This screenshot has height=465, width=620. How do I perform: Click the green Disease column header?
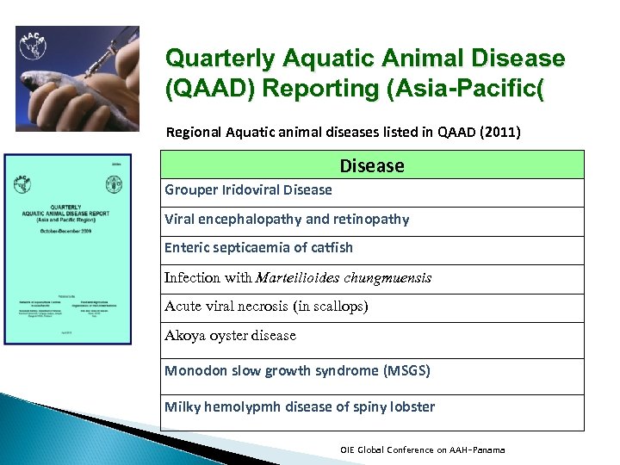pyautogui.click(x=372, y=165)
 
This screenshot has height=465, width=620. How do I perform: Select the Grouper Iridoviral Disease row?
pyautogui.click(x=248, y=189)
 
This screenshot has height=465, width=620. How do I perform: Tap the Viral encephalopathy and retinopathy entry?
pyautogui.click(x=287, y=219)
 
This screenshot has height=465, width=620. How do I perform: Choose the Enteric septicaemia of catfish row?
pyautogui.click(x=258, y=247)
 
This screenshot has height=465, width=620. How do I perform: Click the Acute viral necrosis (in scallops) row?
pyautogui.click(x=266, y=306)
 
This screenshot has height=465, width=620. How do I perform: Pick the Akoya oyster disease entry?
pyautogui.click(x=230, y=335)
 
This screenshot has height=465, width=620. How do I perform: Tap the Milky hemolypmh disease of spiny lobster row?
pyautogui.click(x=300, y=406)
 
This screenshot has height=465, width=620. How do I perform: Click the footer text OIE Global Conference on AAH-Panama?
pyautogui.click(x=423, y=449)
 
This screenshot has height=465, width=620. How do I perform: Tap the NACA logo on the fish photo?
pyautogui.click(x=33, y=46)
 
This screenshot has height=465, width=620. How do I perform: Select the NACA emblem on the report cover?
pyautogui.click(x=22, y=183)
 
